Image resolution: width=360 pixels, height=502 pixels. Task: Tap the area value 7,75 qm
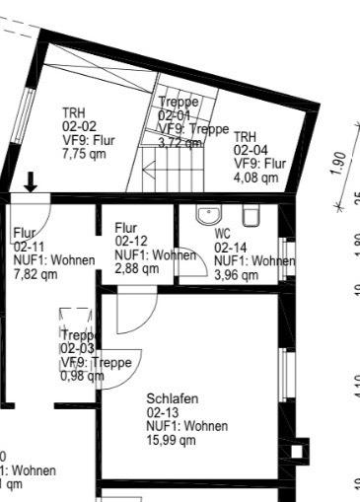click(x=83, y=154)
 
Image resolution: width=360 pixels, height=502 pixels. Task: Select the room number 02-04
click(x=250, y=150)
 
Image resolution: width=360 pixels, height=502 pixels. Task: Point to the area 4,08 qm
click(x=255, y=178)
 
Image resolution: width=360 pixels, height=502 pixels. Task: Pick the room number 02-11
click(x=29, y=247)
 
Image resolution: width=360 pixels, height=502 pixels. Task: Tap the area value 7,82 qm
click(x=35, y=273)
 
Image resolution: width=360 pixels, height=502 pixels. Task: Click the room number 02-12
click(x=131, y=241)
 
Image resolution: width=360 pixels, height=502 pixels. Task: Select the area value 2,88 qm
click(x=136, y=267)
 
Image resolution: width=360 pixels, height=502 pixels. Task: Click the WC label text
click(x=222, y=234)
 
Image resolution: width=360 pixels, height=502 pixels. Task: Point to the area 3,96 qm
click(x=236, y=274)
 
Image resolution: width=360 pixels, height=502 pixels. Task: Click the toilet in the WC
click(x=251, y=215)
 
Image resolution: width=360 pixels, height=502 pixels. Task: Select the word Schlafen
click(x=172, y=398)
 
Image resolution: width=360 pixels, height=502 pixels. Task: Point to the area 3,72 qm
click(x=176, y=142)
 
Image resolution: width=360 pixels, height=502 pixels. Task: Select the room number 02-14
click(x=231, y=248)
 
